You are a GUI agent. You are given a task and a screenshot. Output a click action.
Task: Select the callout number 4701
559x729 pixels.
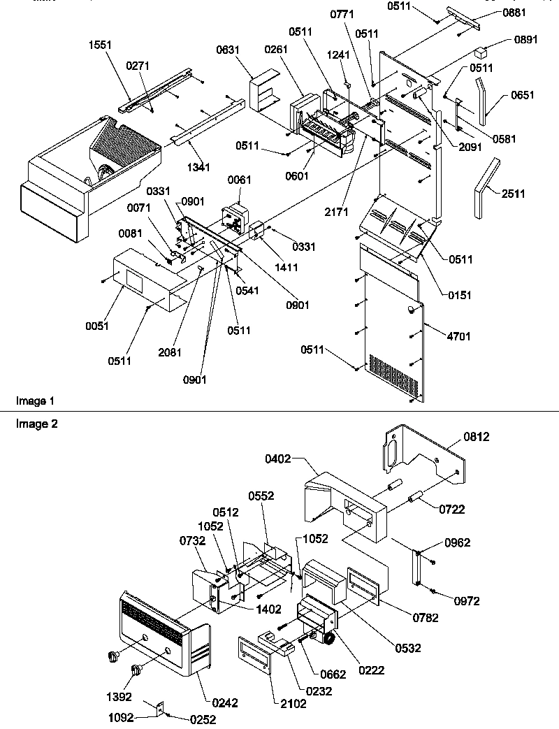[459, 336]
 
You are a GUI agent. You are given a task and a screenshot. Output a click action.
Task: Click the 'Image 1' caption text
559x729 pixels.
[35, 401]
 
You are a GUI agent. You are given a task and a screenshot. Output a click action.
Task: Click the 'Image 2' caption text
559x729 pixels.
[35, 423]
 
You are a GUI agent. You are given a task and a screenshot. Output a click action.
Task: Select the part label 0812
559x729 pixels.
[476, 437]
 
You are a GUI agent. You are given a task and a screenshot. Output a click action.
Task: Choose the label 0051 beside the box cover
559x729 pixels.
[99, 326]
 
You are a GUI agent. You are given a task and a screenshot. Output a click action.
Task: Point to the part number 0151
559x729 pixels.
[459, 295]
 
